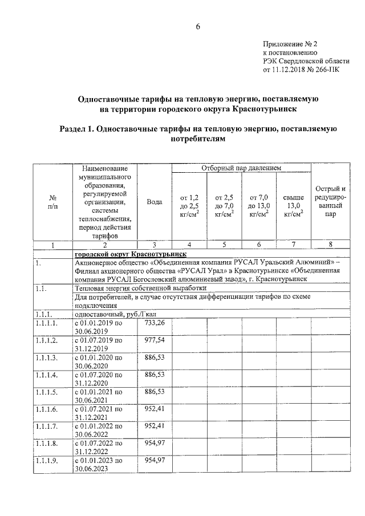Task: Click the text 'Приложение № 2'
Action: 289,43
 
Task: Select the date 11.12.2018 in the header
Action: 292,71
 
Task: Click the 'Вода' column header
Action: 155,202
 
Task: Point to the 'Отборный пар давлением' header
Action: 242,168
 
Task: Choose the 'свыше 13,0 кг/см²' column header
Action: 293,205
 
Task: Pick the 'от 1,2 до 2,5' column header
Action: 189,205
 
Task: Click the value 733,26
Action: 155,323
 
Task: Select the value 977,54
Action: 155,340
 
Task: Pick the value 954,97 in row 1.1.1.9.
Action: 155,460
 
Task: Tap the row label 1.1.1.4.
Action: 46,375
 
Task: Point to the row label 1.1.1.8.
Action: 46,443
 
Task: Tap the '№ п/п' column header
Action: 52,202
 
